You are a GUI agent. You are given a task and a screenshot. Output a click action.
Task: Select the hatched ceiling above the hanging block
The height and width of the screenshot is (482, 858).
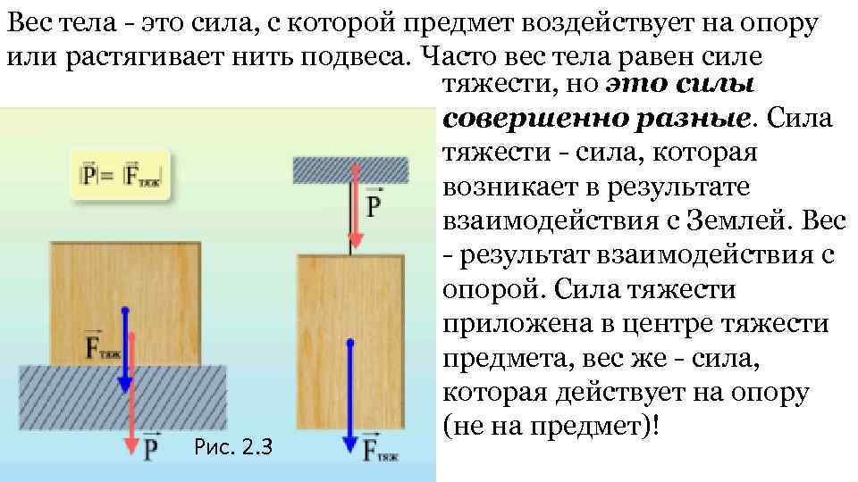click(350, 169)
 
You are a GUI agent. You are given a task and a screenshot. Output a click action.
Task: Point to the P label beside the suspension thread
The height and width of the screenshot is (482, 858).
click(374, 207)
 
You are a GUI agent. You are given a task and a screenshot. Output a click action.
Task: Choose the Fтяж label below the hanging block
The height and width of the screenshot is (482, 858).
click(380, 448)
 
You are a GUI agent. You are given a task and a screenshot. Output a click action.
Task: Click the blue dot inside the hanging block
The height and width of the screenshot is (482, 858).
click(350, 342)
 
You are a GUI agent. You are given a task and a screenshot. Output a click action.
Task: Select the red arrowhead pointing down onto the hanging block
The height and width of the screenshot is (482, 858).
click(355, 238)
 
